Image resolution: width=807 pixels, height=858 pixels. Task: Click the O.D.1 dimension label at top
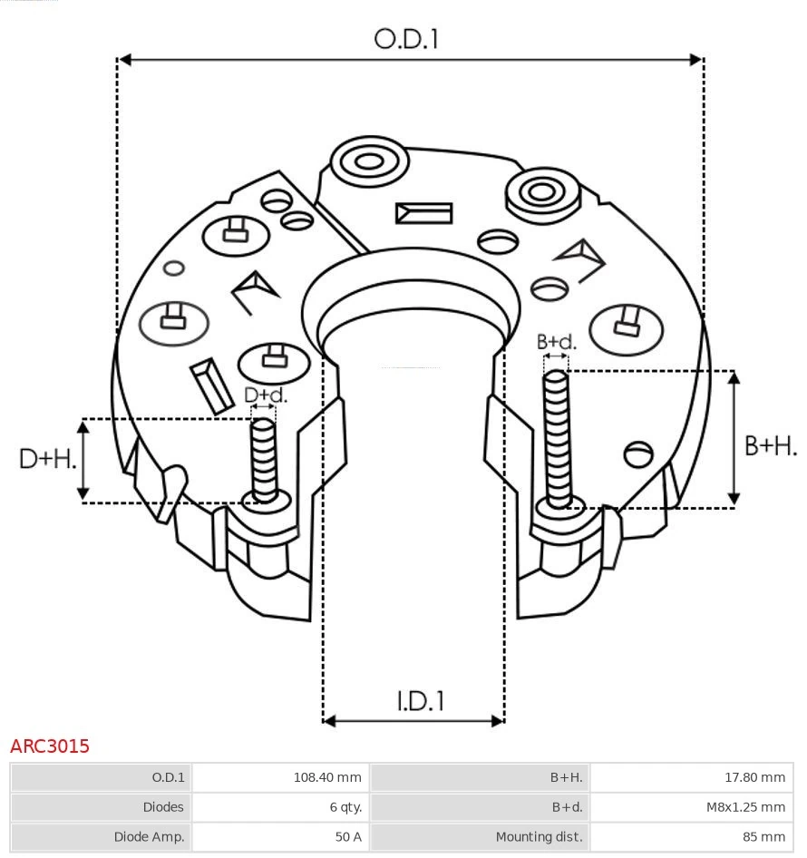(406, 39)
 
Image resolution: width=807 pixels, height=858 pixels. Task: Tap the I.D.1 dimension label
(420, 700)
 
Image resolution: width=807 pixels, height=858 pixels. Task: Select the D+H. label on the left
(47, 459)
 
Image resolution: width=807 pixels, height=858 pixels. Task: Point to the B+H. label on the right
(770, 445)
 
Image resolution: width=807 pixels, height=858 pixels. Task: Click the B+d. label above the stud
(556, 342)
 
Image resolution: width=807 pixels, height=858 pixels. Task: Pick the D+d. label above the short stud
(266, 395)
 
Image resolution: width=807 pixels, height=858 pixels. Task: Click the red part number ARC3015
(50, 746)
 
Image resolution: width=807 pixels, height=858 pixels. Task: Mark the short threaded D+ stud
(264, 459)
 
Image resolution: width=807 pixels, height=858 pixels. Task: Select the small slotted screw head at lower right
(639, 453)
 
